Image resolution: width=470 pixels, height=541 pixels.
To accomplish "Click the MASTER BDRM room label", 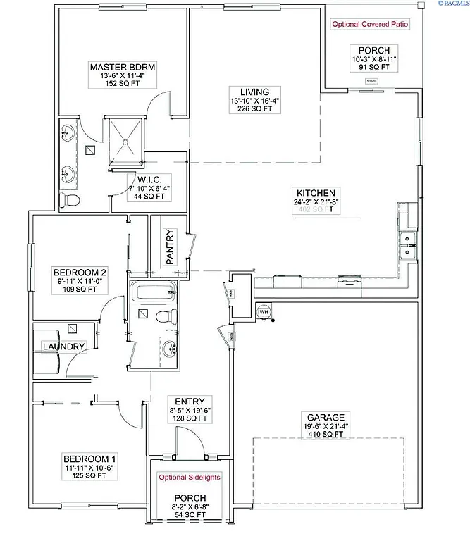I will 123,67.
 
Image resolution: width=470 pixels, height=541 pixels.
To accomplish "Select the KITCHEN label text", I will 319,192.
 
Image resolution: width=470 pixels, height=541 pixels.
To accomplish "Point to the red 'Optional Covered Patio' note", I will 370,24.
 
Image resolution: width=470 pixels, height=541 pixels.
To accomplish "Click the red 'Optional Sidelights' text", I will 189,477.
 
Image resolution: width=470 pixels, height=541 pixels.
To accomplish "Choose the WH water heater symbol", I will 264,311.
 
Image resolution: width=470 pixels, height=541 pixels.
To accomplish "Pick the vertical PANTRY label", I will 170,247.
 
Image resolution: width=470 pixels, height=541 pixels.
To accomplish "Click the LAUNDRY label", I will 64,347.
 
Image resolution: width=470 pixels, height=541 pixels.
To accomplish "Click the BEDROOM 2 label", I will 80,273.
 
